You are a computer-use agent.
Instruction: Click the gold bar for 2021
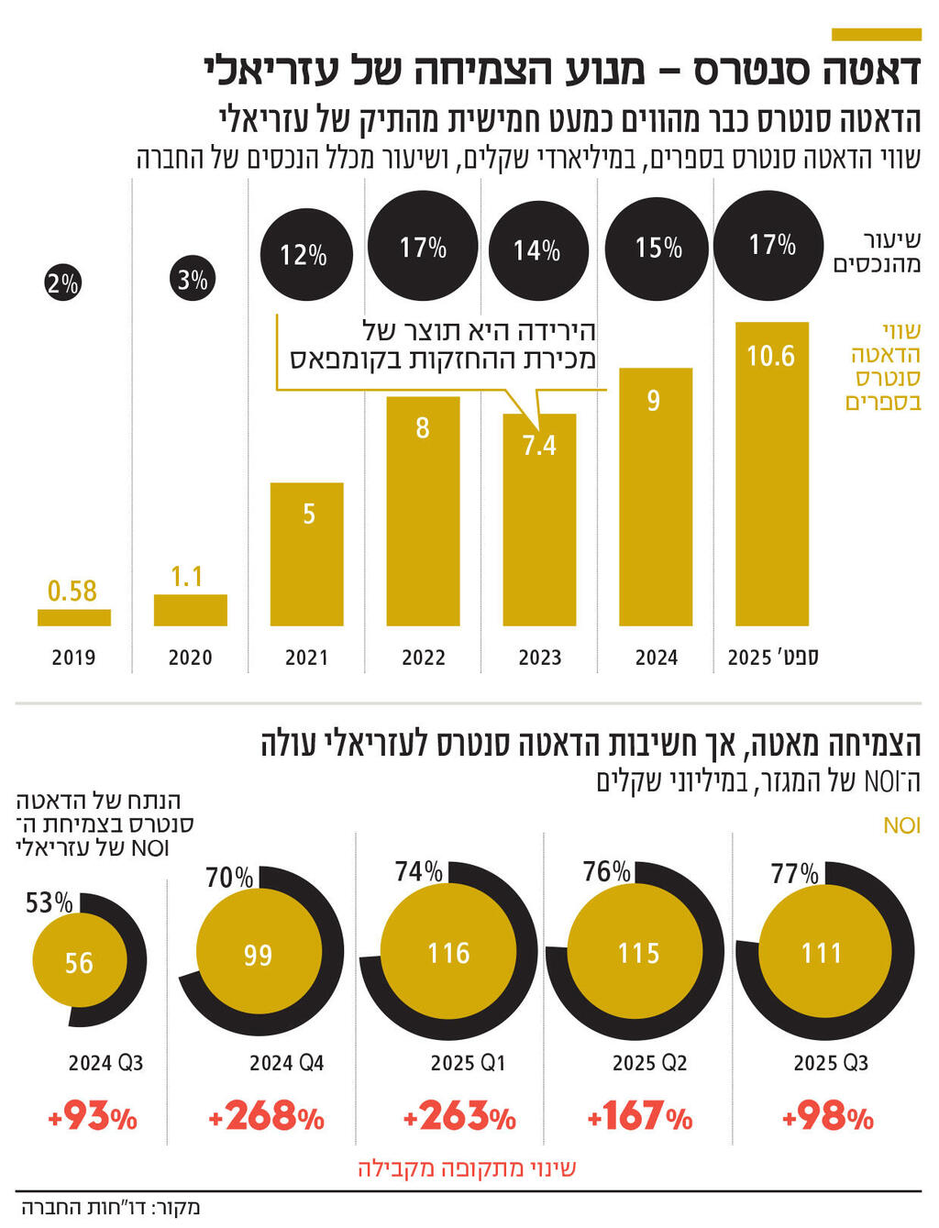pos(306,554)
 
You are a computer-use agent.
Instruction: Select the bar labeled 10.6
pos(772,473)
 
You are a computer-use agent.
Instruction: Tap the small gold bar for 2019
pos(73,617)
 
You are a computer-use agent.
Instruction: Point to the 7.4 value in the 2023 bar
pos(539,446)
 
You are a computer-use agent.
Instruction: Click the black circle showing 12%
pos(304,254)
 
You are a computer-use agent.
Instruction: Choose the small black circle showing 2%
pos(62,283)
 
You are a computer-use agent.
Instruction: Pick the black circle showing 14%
pos(537,250)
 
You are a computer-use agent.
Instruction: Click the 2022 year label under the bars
pos(423,658)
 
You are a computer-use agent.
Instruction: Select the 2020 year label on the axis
pos(190,658)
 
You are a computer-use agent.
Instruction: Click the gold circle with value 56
pos(79,962)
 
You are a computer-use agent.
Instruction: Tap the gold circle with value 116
pos(448,953)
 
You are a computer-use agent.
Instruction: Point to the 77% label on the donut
pos(794,873)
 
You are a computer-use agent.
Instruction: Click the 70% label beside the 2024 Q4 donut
pos(228,878)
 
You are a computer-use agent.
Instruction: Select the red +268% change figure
pos(266,1117)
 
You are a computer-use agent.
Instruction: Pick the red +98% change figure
pos(828,1117)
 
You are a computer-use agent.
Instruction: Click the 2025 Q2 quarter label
pos(649,1063)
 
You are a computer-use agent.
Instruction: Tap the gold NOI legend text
pos(901,825)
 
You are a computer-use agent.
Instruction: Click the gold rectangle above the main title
pos(876,35)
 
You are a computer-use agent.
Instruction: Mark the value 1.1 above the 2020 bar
pos(187,577)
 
